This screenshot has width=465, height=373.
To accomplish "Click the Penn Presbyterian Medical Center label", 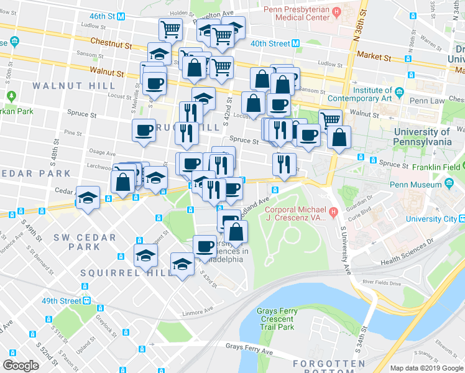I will click(x=295, y=14).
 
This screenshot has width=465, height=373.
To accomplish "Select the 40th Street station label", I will click(x=271, y=44).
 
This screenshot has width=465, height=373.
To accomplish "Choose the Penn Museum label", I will click(x=413, y=184).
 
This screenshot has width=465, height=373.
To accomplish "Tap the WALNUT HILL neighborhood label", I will click(x=74, y=85).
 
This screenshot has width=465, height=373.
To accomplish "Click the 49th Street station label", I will click(x=62, y=301).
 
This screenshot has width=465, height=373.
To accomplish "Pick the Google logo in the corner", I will click(x=21, y=366).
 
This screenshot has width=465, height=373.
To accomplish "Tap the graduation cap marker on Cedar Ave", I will click(x=88, y=198).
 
